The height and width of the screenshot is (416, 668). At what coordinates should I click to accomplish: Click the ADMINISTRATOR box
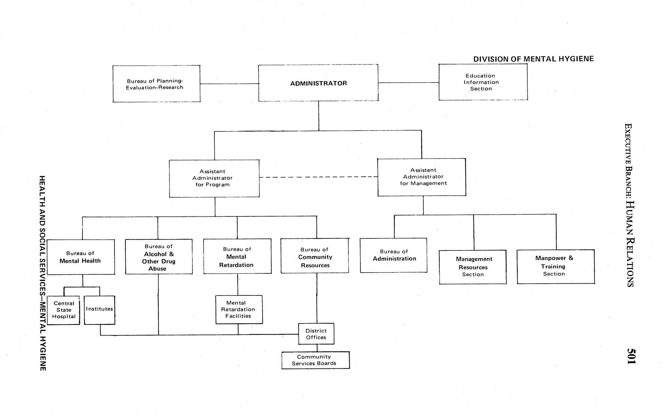[x=318, y=83]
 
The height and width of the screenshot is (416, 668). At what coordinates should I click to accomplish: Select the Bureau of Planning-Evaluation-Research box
[x=156, y=84]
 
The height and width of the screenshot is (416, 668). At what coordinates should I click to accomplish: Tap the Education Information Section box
[x=483, y=82]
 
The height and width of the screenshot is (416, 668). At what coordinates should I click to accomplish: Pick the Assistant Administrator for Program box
[x=214, y=178]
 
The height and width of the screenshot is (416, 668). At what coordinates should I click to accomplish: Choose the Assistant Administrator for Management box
[x=422, y=177]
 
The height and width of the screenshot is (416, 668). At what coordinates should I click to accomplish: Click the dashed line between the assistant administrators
[x=318, y=177]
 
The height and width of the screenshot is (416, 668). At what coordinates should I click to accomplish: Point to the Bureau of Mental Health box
[x=81, y=257]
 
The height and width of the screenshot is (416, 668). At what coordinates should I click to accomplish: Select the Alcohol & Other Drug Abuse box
[x=159, y=257]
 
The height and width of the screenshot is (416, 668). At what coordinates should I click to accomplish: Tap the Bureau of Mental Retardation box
[x=237, y=256]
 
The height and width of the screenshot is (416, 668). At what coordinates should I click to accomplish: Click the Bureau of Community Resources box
[x=315, y=256]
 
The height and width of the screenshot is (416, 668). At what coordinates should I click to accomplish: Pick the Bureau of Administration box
[x=394, y=255]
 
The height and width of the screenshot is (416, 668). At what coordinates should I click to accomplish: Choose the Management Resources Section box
[x=473, y=267]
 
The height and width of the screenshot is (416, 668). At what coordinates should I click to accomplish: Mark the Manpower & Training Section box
[x=556, y=266]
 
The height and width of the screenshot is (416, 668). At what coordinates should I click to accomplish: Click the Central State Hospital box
[x=64, y=310]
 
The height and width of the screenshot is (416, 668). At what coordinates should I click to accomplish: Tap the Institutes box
[x=99, y=310]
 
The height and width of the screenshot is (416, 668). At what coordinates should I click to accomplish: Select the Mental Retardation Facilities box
[x=239, y=309]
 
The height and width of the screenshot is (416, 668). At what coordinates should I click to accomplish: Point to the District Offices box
[x=316, y=334]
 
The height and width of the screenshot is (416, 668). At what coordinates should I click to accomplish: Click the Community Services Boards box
[x=315, y=360]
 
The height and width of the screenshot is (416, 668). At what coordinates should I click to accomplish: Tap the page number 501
[x=631, y=356]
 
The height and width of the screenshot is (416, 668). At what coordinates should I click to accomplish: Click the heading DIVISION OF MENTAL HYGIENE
[x=533, y=59]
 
